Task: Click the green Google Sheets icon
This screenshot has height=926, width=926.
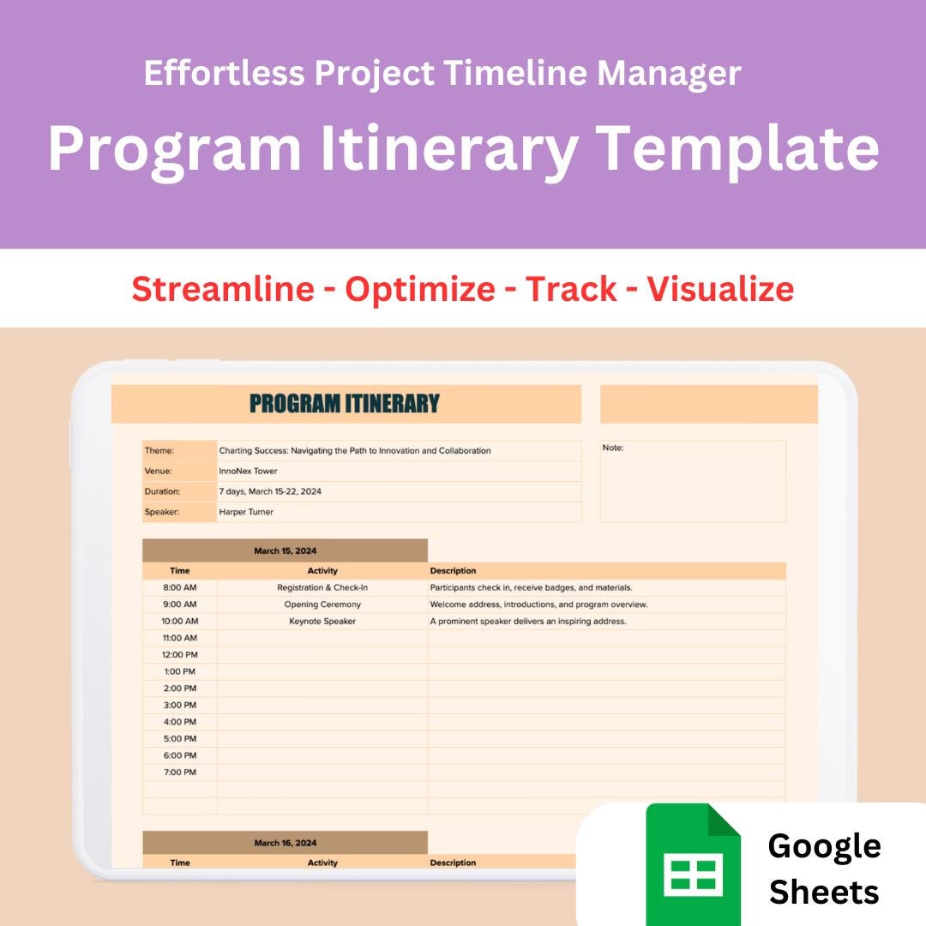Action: pyautogui.click(x=693, y=864)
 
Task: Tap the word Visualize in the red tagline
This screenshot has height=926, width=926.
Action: pyautogui.click(x=720, y=289)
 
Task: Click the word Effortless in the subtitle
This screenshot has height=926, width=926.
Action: pyautogui.click(x=225, y=74)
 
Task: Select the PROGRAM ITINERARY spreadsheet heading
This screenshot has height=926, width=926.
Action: pyautogui.click(x=345, y=404)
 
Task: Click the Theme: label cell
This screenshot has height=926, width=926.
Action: pyautogui.click(x=159, y=450)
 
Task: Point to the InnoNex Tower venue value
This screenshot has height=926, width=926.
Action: pyautogui.click(x=248, y=471)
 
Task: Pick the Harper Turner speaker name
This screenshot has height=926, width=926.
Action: pyautogui.click(x=246, y=512)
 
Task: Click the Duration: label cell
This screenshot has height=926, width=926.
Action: pyautogui.click(x=162, y=491)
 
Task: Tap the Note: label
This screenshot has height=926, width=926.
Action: pyautogui.click(x=613, y=448)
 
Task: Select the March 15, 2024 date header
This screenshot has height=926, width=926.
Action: pyautogui.click(x=285, y=550)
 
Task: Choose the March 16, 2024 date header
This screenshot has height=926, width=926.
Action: pyautogui.click(x=285, y=843)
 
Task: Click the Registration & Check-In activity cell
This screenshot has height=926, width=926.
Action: pyautogui.click(x=322, y=587)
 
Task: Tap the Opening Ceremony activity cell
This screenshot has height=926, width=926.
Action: pyautogui.click(x=322, y=604)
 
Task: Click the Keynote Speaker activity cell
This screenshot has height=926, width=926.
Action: pyautogui.click(x=322, y=621)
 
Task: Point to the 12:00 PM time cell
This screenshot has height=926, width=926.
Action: pyautogui.click(x=180, y=654)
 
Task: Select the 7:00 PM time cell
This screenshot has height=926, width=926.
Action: pyautogui.click(x=180, y=773)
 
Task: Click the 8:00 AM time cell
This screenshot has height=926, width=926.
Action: pyautogui.click(x=180, y=587)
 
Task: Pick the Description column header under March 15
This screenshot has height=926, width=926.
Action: pyautogui.click(x=453, y=570)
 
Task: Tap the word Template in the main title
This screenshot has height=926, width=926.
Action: pyautogui.click(x=737, y=147)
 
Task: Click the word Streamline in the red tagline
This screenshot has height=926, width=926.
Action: pyautogui.click(x=223, y=289)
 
